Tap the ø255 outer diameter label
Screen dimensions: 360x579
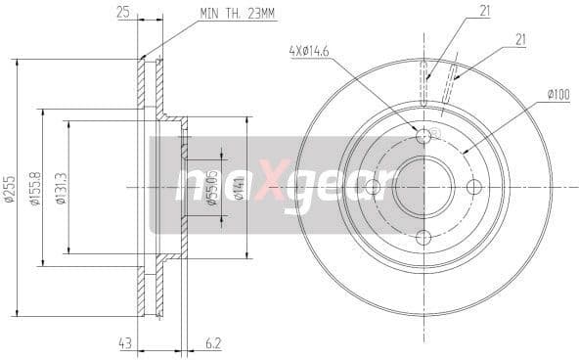pyautogui.click(x=11, y=190)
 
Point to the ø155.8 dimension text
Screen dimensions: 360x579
pyautogui.click(x=36, y=190)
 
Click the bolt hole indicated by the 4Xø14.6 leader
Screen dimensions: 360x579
pyautogui.click(x=423, y=136)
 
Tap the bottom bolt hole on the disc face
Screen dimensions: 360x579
pyautogui.click(x=423, y=238)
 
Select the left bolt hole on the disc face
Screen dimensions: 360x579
pyautogui.click(x=373, y=187)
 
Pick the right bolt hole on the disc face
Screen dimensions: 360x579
pyautogui.click(x=474, y=187)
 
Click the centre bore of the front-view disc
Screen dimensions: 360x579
pyautogui.click(x=423, y=187)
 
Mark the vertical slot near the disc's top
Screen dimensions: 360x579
pyautogui.click(x=423, y=83)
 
